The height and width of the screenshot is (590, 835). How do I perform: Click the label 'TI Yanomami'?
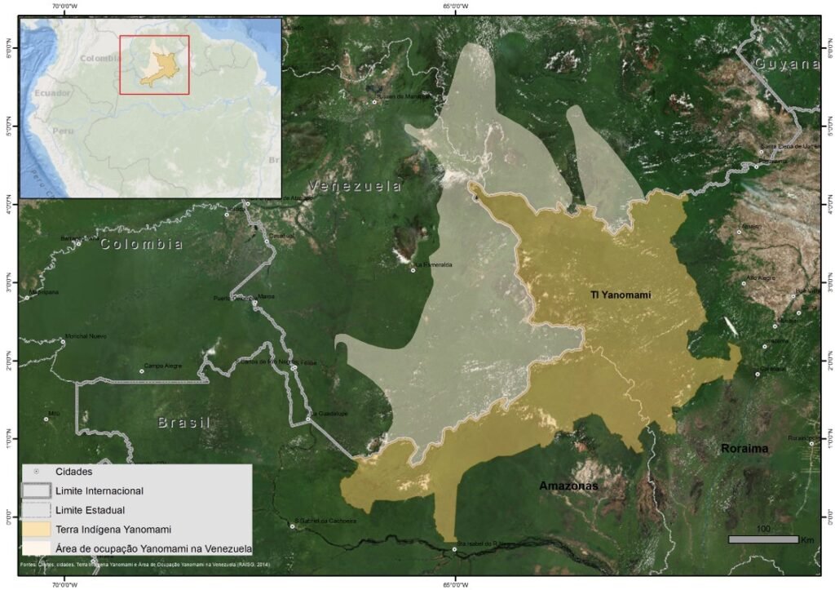point(621,295)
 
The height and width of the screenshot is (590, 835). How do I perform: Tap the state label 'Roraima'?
point(744,448)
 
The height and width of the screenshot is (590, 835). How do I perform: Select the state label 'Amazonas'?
point(568,486)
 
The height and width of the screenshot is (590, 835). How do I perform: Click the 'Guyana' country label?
point(786,64)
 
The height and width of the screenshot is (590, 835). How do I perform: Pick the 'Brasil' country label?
point(183,423)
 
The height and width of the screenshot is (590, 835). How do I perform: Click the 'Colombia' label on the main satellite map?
point(141,244)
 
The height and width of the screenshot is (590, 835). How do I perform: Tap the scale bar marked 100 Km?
point(762,539)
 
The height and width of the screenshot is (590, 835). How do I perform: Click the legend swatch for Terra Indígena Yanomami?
point(35,529)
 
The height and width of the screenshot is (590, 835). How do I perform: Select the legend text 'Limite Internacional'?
point(99,491)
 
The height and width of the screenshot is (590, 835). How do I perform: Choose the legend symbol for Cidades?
point(35,472)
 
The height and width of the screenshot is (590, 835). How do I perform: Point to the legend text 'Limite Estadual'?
point(90,510)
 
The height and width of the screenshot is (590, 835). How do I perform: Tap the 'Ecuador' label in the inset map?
point(52,93)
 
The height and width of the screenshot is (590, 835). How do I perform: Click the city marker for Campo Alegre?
point(142,371)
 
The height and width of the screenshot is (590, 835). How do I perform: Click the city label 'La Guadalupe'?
point(329,414)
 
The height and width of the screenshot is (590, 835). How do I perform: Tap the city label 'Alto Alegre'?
point(762,278)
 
